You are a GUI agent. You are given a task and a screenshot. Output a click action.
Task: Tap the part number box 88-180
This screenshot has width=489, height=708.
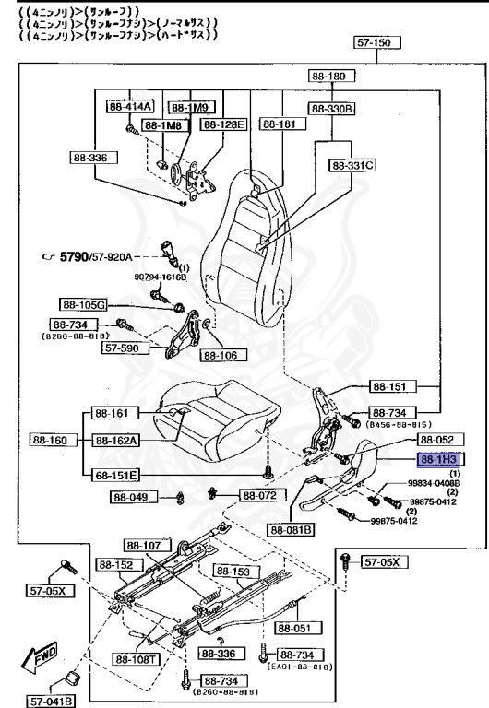323,77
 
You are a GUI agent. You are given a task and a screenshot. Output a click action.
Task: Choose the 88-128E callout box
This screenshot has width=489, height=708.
224,124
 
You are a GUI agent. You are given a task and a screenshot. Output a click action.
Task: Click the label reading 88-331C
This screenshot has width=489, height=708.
352,166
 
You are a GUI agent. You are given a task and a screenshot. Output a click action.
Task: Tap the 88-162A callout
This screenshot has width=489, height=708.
114,441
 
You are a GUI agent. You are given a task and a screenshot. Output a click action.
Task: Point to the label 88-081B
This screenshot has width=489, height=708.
292,529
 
